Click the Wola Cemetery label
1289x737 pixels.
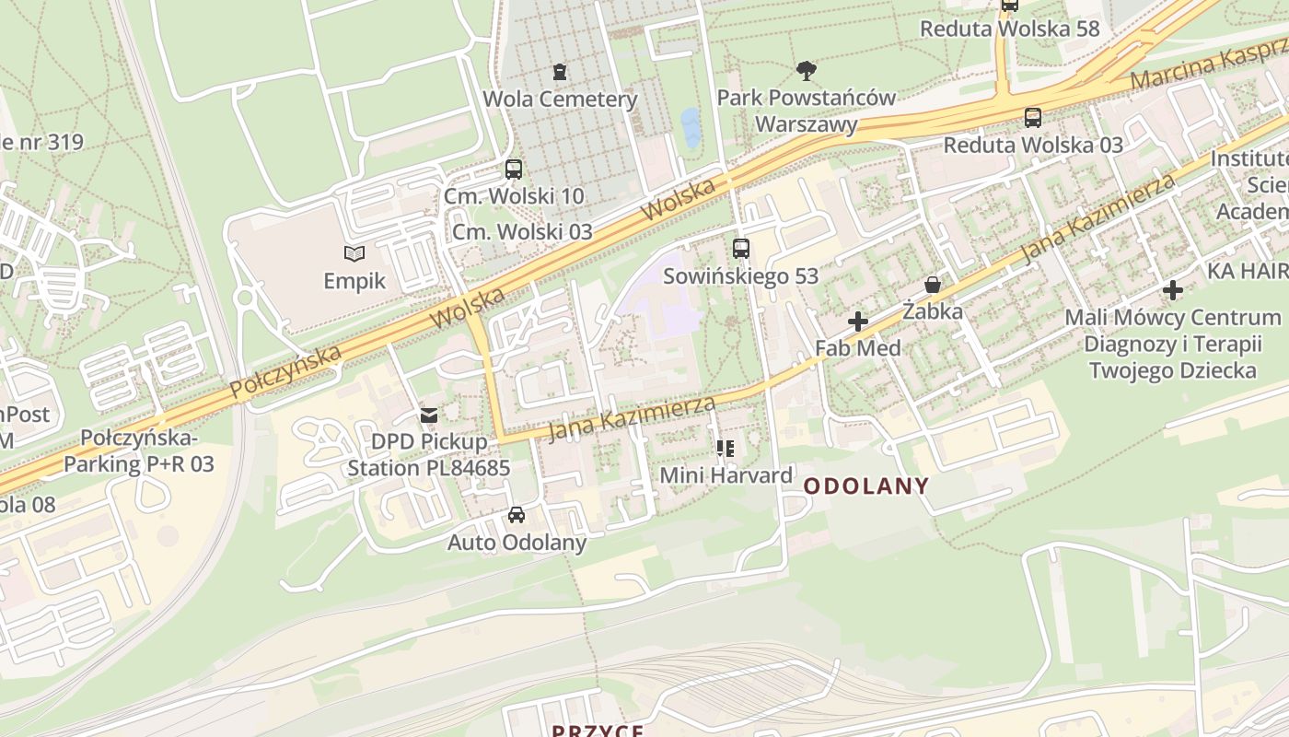pyautogui.click(x=560, y=99)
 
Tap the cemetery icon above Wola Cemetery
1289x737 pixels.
pyautogui.click(x=559, y=72)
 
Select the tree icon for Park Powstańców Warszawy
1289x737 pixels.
pyautogui.click(x=807, y=71)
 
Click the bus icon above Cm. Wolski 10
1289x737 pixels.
pyautogui.click(x=514, y=170)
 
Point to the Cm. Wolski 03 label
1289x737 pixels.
pyautogui.click(x=521, y=231)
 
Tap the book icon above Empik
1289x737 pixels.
pyautogui.click(x=354, y=253)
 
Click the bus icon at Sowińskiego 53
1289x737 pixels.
pyautogui.click(x=741, y=249)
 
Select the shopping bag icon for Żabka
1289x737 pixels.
pyautogui.click(x=933, y=285)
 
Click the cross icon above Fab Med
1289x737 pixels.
pyautogui.click(x=858, y=322)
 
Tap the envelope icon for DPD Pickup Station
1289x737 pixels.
pyautogui.click(x=429, y=415)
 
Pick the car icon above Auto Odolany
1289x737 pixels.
pyautogui.click(x=517, y=515)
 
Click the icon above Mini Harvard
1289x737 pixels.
pyautogui.click(x=726, y=449)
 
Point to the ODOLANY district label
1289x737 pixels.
pyautogui.click(x=866, y=485)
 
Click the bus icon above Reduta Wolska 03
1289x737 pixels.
pyautogui.click(x=1033, y=118)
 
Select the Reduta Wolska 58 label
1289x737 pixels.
pyautogui.click(x=1010, y=29)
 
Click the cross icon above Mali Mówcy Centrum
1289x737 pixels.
pyautogui.click(x=1173, y=291)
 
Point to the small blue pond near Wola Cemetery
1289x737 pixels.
pyautogui.click(x=690, y=127)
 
